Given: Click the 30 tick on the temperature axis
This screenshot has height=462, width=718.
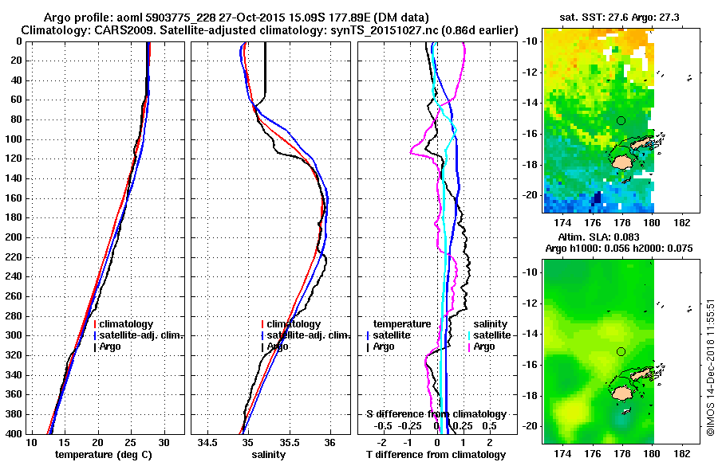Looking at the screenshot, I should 164,442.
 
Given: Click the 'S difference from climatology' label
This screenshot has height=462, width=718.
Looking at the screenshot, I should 436,414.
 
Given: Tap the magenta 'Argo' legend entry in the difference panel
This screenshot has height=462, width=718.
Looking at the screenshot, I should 483,346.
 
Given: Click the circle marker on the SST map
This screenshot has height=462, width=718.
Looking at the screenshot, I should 621,120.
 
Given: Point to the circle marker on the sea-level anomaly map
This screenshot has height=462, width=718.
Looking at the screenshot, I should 621,351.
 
